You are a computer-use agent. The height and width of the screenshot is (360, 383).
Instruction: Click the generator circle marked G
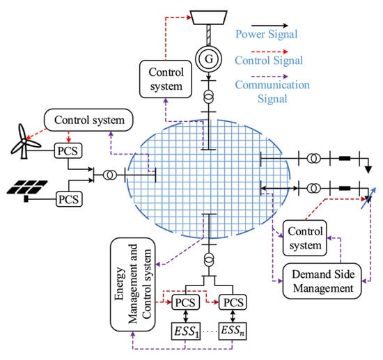[x=209, y=59]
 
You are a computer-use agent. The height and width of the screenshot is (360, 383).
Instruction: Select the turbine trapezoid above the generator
[x=209, y=17]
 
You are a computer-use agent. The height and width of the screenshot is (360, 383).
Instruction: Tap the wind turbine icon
[x=24, y=141]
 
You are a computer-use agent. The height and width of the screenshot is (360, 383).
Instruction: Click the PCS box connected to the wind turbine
[x=68, y=150]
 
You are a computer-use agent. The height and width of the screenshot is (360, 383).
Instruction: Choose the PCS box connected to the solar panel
[x=69, y=199]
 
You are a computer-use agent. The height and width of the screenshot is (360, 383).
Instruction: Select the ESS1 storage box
[x=186, y=331]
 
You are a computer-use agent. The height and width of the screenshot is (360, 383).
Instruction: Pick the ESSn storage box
[x=233, y=331]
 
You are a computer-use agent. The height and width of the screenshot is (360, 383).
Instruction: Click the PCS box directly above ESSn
[x=233, y=302]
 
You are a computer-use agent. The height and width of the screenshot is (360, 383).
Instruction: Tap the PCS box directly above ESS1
[x=186, y=302]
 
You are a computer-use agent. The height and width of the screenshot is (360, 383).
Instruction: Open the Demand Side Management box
[x=322, y=281]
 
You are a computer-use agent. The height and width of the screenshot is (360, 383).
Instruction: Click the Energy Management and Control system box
[x=133, y=285]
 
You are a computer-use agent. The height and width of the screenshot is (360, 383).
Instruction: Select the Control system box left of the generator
[x=166, y=79]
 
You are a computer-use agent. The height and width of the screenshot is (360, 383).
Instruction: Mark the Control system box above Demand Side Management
[x=304, y=238]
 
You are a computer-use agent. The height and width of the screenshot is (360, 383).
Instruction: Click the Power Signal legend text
[x=267, y=34]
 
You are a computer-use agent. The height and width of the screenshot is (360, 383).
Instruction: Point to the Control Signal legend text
[x=269, y=61]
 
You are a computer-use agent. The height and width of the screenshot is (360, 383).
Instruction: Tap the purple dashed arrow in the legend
[x=269, y=77]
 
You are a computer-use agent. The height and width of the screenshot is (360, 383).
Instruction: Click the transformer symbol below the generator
[x=209, y=97]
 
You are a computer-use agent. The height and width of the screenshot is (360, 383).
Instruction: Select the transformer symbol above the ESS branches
[x=209, y=260]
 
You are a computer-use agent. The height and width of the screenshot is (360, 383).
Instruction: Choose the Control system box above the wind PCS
[x=88, y=120]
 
